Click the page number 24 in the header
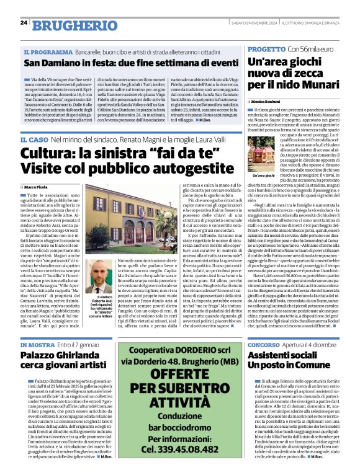tap(23, 23)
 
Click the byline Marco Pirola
tap(38, 187)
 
